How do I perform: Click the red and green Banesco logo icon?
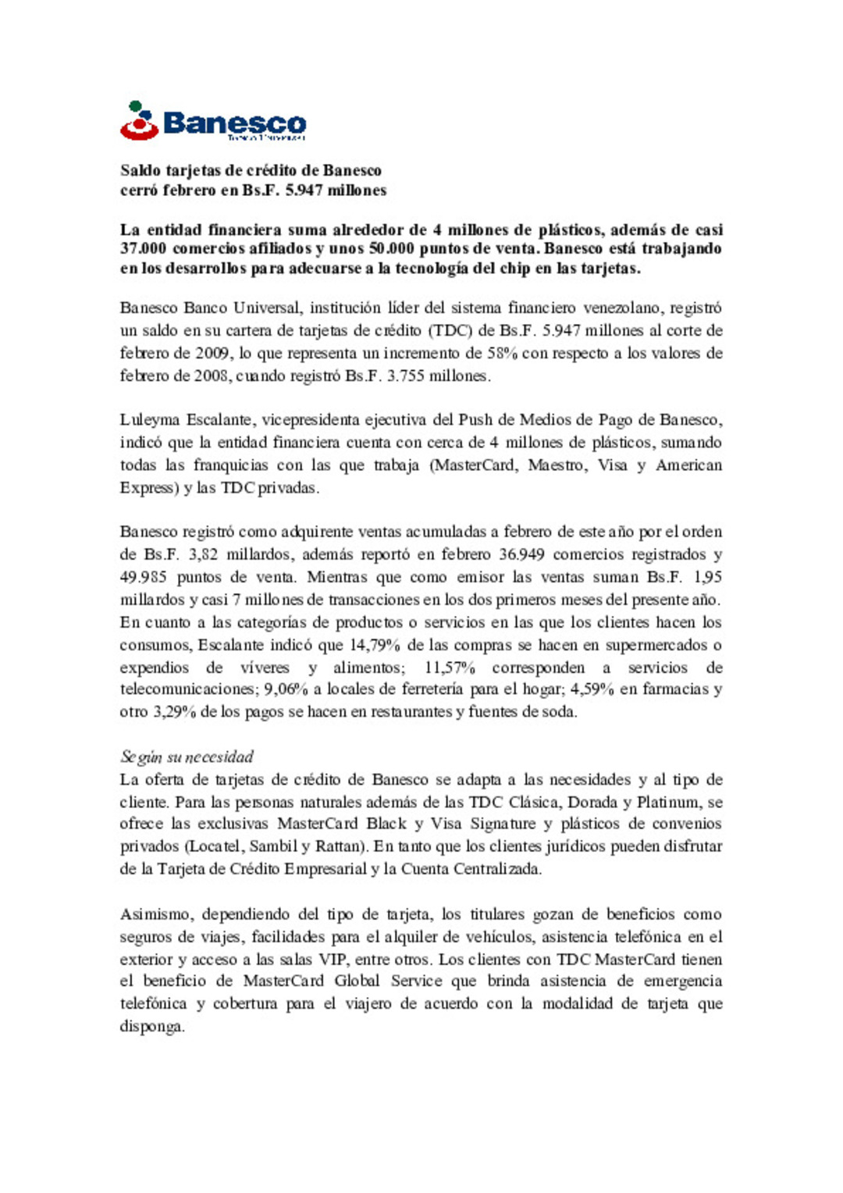(x=139, y=121)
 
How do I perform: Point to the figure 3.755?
(x=407, y=376)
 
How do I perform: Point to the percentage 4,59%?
(x=592, y=689)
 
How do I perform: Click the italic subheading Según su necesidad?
(x=187, y=757)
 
